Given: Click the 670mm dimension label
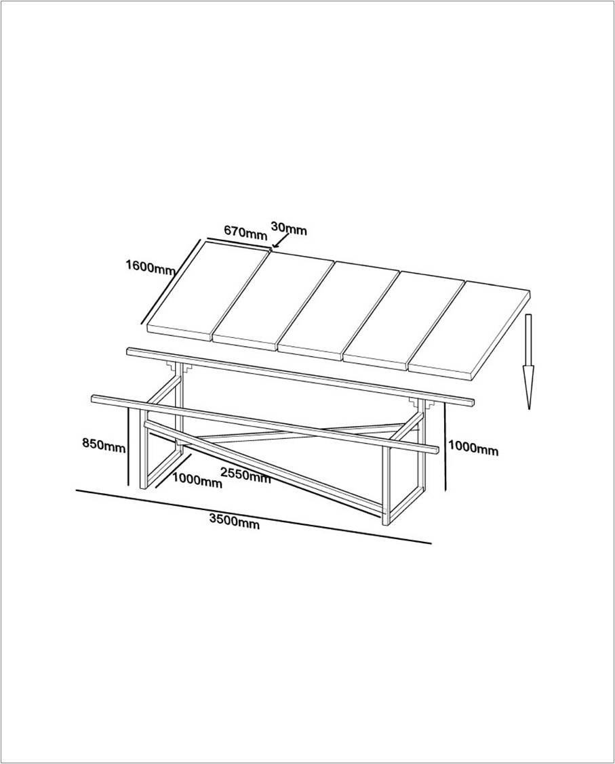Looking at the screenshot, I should (245, 232).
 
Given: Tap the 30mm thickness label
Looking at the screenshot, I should (289, 228).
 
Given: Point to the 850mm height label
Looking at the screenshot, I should (103, 445).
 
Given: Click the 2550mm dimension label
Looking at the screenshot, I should (245, 476).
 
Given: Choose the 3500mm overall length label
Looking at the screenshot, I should (234, 522).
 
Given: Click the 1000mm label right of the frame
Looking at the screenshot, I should (473, 448).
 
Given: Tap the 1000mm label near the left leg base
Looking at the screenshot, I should (197, 482).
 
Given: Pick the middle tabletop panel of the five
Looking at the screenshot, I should (339, 309).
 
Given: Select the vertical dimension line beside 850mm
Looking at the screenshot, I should (128, 444).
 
